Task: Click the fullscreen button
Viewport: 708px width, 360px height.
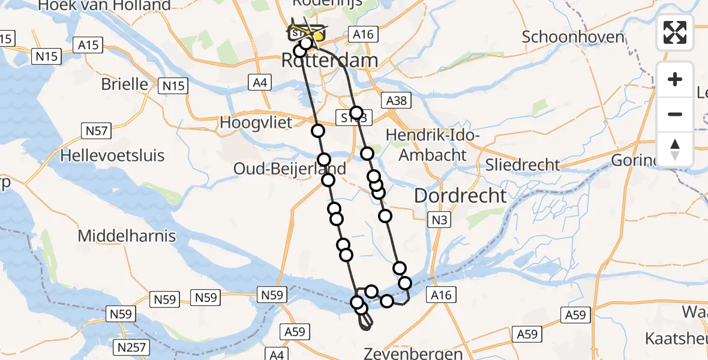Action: coord(675,32)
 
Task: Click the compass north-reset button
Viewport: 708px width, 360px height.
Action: coord(675,149)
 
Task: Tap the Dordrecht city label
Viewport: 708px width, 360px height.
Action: coord(460,195)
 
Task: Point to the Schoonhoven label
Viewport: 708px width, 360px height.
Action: coord(573,37)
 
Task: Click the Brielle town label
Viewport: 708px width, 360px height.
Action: coord(124,83)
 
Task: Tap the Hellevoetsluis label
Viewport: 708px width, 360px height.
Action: coord(113,156)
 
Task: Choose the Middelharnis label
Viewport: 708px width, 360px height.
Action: coord(127,236)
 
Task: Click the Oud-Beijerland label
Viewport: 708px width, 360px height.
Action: coord(290,169)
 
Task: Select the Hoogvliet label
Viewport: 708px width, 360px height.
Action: coord(256,122)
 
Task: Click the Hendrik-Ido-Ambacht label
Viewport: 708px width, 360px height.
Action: coord(433,145)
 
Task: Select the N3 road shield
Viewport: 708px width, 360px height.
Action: coord(439,220)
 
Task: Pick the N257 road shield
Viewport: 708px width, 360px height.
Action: coord(131,346)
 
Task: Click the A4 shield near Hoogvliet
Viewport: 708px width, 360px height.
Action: coord(260,83)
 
